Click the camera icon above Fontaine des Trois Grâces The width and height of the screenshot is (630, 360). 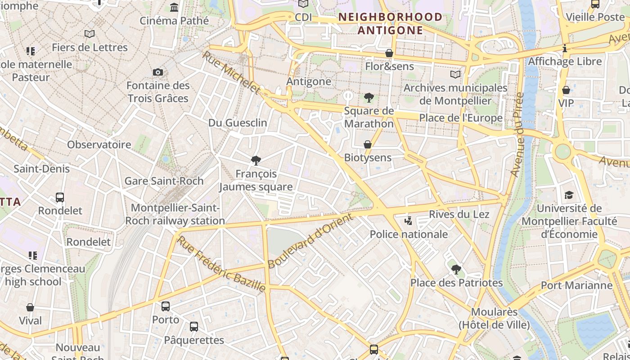[x=158, y=72]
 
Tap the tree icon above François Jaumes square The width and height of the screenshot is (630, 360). [x=256, y=160]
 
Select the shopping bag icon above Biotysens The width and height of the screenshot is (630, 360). [x=368, y=144]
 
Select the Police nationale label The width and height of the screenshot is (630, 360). [x=409, y=234]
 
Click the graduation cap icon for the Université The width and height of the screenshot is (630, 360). [x=569, y=195]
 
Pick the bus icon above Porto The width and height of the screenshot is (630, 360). [x=166, y=306]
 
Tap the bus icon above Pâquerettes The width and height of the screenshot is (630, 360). [x=194, y=327]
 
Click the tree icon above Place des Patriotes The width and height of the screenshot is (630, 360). [x=456, y=270]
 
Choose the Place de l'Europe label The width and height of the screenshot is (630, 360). [x=461, y=118]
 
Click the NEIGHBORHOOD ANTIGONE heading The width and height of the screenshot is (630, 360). [x=390, y=24]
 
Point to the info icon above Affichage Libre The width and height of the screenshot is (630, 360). [x=565, y=48]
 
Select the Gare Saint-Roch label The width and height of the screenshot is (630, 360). [x=164, y=181]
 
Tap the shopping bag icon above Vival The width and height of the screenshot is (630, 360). [x=30, y=307]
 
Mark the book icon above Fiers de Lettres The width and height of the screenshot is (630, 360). [x=90, y=34]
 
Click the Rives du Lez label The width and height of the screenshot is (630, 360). [x=459, y=214]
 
